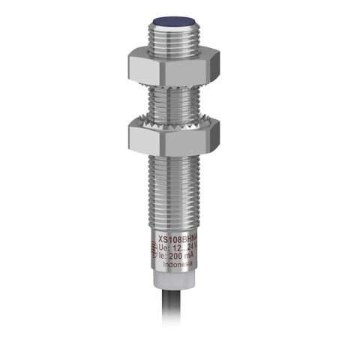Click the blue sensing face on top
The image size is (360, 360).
pyautogui.click(x=176, y=23)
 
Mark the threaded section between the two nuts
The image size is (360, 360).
pyautogui.click(x=175, y=100)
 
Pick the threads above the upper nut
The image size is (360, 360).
pyautogui.click(x=176, y=37)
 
